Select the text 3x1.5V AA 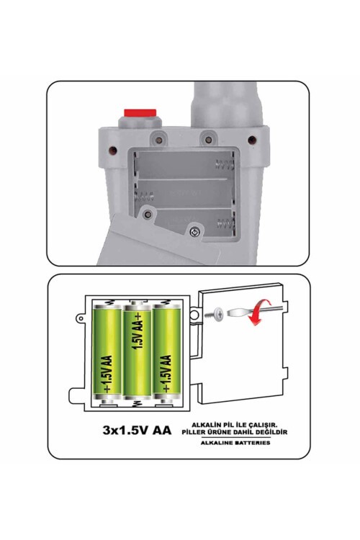point(137,431)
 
